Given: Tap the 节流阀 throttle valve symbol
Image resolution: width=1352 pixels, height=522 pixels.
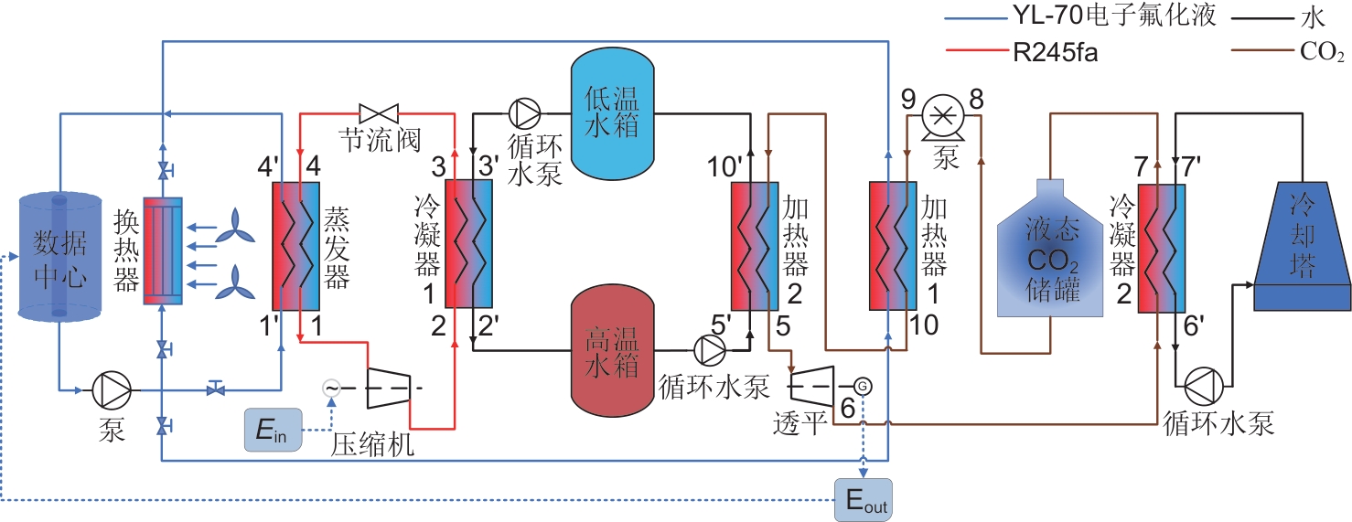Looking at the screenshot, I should [x=376, y=114].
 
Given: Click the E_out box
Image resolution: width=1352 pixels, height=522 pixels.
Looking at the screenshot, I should [x=863, y=499].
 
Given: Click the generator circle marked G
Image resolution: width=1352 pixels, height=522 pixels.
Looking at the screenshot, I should [x=862, y=386].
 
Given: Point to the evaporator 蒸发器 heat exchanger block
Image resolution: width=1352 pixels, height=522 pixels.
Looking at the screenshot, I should [x=295, y=246].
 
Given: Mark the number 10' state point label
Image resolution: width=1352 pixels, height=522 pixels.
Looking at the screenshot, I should [x=724, y=167].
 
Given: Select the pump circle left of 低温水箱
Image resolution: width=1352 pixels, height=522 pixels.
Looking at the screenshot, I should [x=524, y=113].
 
